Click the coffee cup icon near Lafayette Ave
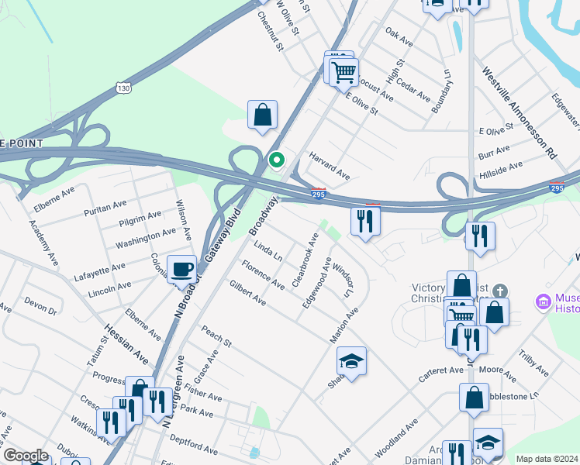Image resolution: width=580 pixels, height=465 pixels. click(x=181, y=268)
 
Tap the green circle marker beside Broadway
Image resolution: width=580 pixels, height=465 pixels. click(x=276, y=160)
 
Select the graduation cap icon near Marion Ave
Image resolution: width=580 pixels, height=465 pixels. click(x=351, y=361)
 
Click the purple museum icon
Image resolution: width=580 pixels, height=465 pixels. click(x=544, y=300)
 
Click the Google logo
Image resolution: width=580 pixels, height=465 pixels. click(x=26, y=456)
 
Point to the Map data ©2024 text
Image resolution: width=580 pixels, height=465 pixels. click(x=546, y=459)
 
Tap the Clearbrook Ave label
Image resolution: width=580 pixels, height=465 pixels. click(x=304, y=260)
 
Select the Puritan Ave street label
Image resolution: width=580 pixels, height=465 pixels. click(x=108, y=205)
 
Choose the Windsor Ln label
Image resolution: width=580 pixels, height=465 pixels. click(x=342, y=281)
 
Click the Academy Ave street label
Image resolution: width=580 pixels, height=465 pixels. click(x=43, y=243)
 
